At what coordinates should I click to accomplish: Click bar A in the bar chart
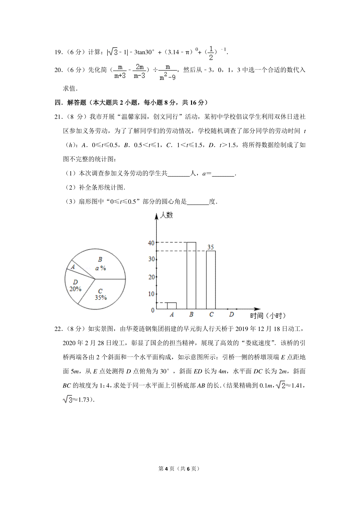point(172,305)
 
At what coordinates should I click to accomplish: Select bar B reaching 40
point(191,275)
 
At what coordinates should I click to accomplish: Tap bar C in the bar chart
point(211,280)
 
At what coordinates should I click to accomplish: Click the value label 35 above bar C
point(211,247)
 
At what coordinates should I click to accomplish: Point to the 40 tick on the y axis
point(151,243)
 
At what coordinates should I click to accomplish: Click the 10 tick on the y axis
point(151,294)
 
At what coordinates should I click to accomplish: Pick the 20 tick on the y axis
point(151,277)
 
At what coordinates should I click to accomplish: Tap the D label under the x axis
point(231,314)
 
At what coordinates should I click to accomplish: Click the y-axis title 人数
point(166,215)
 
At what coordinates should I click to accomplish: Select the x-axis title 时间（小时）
point(268,316)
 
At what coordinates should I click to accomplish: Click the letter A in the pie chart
point(73,266)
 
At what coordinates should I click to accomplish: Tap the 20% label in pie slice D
point(75,289)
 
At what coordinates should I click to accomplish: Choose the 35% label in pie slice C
point(101,298)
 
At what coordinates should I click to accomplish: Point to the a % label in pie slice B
point(100,268)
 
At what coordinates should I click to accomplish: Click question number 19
point(58,52)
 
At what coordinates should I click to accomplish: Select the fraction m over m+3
point(120,71)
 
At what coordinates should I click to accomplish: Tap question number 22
point(58,329)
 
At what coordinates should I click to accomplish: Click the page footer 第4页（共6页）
point(179,469)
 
